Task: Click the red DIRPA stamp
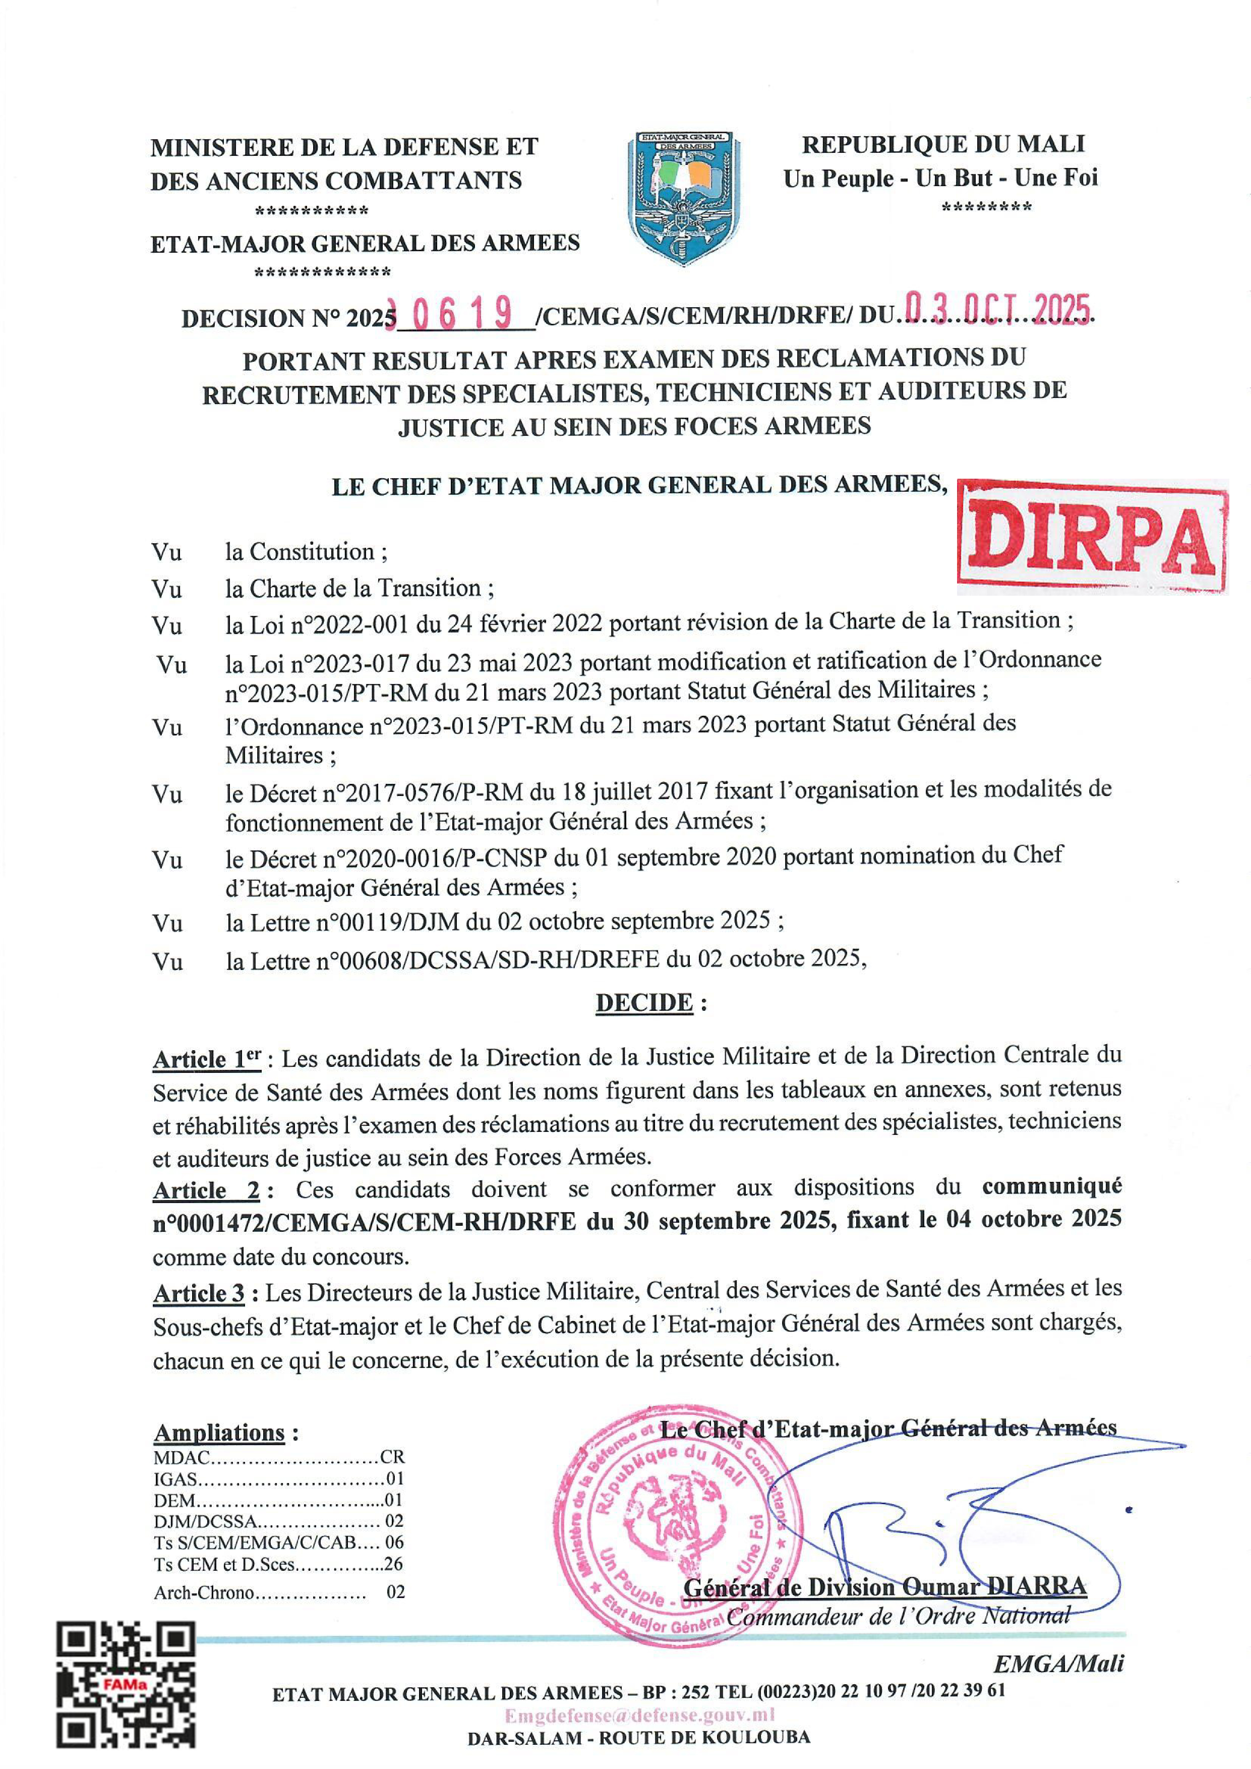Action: click(x=1092, y=537)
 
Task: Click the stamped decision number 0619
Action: click(x=462, y=314)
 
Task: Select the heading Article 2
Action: click(x=206, y=1190)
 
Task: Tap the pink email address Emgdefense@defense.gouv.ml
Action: click(x=639, y=1715)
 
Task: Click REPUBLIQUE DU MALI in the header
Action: click(x=943, y=144)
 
